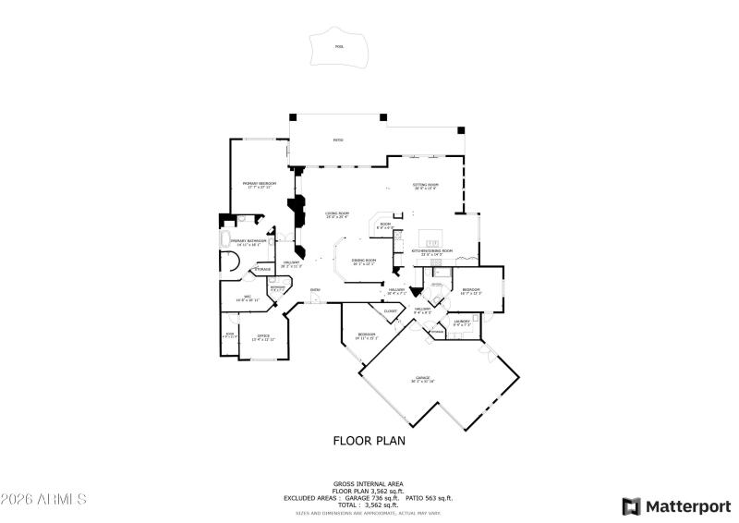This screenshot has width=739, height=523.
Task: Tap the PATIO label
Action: click(338, 140)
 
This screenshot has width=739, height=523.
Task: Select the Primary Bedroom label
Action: click(260, 184)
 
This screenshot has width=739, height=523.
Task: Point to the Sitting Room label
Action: click(425, 185)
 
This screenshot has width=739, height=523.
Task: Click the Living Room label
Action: click(336, 214)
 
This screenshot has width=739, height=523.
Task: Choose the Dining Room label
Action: click(364, 261)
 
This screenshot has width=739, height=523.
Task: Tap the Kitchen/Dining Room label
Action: click(431, 250)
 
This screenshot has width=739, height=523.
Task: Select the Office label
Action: click(263, 335)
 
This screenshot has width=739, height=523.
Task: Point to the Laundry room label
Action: click(462, 321)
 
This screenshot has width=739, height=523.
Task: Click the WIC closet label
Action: click(248, 297)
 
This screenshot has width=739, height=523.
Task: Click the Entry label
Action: click(315, 291)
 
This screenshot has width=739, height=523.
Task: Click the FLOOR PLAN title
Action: click(369, 441)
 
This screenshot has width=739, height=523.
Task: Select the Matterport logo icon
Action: click(631, 505)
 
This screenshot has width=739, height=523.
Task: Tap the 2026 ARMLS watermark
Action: click(43, 499)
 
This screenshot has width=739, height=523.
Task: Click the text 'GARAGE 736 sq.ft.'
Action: click(368, 498)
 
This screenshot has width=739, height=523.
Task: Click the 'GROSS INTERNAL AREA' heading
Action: click(369, 483)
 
